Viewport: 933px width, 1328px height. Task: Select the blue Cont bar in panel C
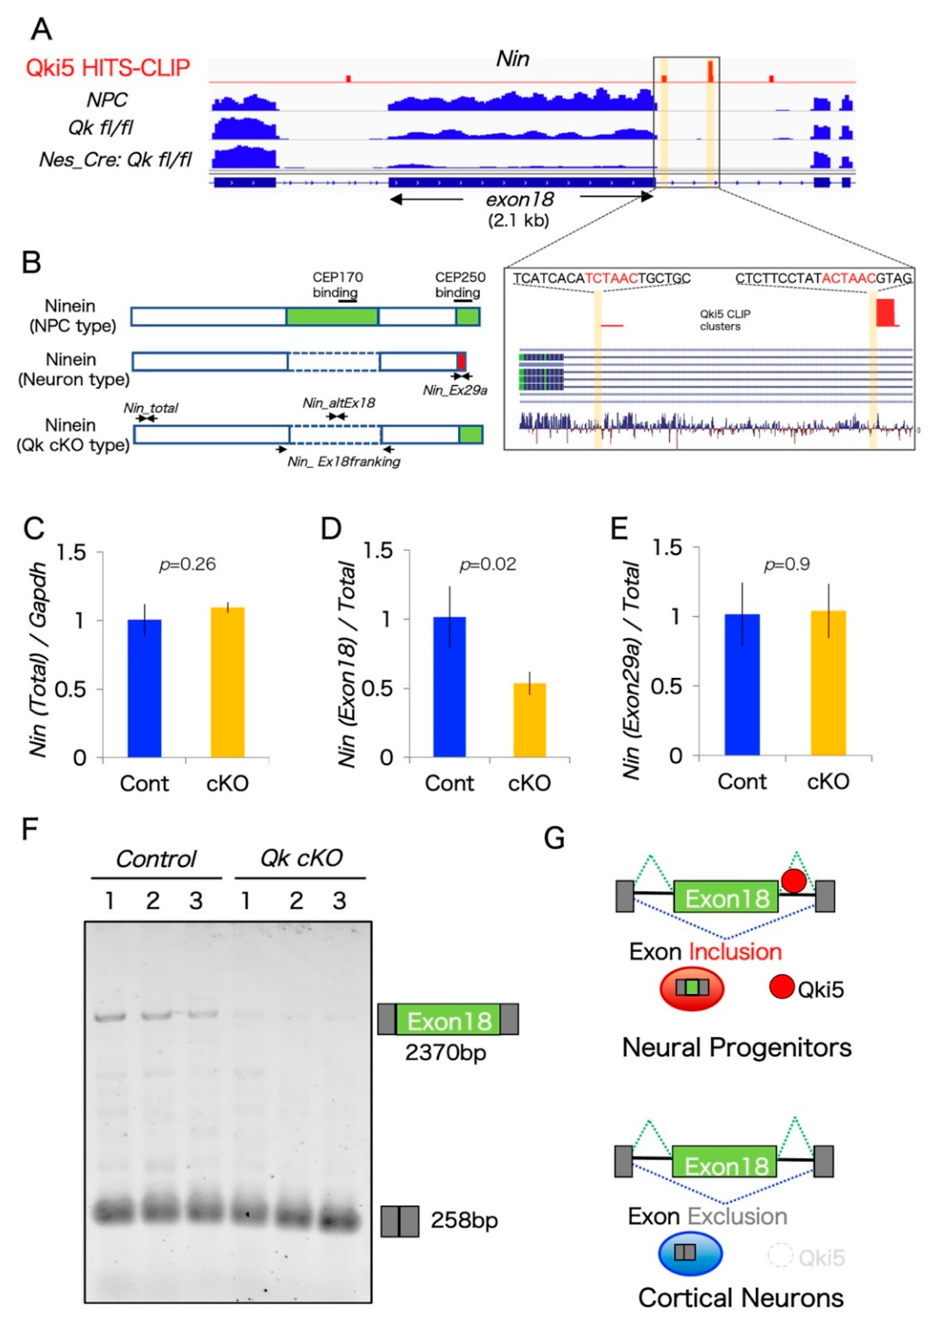[145, 688]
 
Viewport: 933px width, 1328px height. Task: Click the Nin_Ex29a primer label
[455, 390]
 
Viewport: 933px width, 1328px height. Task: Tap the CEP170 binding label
[338, 285]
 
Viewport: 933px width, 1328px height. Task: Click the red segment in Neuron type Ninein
[461, 362]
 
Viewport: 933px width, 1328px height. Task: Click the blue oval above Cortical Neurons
[690, 1254]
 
